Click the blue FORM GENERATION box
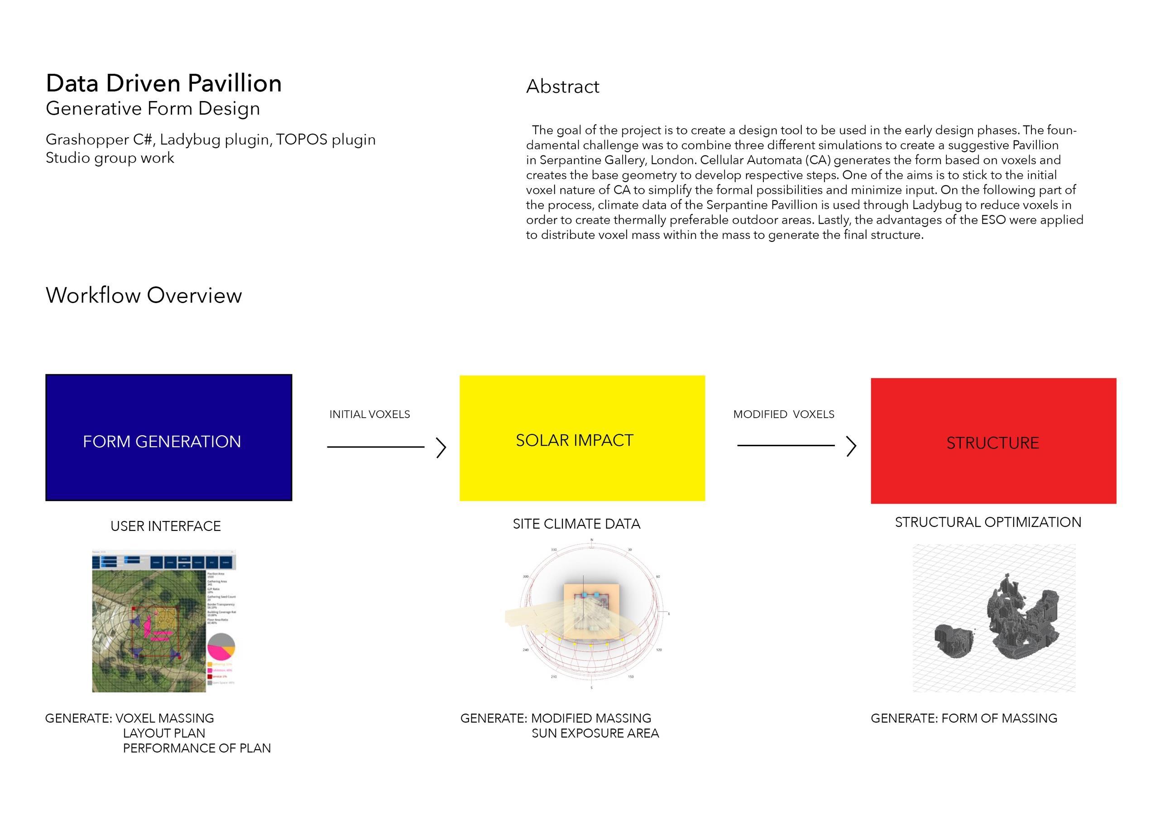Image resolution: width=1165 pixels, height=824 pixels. coord(168,438)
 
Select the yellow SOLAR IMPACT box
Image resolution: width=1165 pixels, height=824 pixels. coord(582,438)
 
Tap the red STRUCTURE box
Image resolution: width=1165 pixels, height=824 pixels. coord(993,441)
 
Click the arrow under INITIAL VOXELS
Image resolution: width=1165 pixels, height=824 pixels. coord(386,447)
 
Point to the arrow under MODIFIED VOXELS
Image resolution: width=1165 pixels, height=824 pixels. coord(796,445)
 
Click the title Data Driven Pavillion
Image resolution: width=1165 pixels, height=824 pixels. coord(163,83)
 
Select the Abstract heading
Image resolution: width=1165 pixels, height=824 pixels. coord(562,87)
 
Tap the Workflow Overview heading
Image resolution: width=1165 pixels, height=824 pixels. coord(144,295)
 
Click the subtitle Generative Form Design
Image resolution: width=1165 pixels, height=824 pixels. coord(153,109)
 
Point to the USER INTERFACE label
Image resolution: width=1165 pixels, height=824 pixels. coord(165,526)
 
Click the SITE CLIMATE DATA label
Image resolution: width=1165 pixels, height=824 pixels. coord(576,524)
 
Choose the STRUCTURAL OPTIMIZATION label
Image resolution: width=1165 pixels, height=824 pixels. coord(988,522)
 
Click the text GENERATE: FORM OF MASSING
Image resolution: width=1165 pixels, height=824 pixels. coord(964,718)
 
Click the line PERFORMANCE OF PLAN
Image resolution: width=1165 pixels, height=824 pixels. coord(197,748)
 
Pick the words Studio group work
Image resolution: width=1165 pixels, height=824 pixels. coord(110,158)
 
